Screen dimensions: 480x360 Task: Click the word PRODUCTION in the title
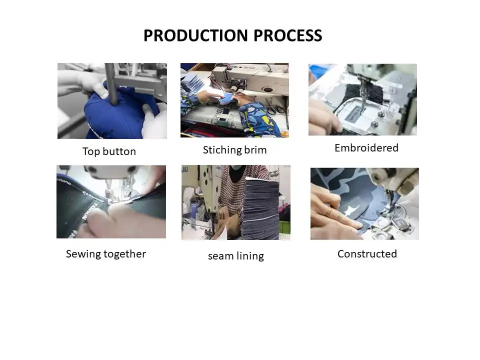click(195, 35)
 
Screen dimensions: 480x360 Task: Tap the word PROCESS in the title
click(288, 35)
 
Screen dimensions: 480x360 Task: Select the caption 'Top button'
click(109, 151)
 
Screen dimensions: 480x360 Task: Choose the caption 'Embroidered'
click(366, 148)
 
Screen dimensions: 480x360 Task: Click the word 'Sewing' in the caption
click(83, 254)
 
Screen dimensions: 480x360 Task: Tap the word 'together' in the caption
click(124, 254)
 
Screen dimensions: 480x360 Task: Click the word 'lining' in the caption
click(250, 256)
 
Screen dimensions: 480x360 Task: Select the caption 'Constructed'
click(367, 254)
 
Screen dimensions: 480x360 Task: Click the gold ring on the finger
click(329, 211)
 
